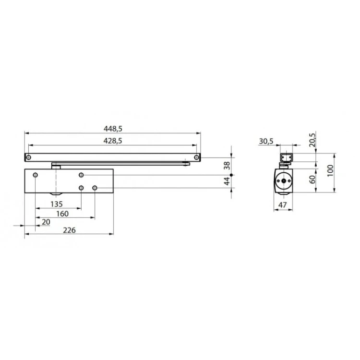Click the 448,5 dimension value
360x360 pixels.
[x=113, y=129]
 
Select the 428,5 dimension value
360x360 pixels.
[x=113, y=141]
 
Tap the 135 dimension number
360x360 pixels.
[x=57, y=204]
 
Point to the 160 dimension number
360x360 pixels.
[x=62, y=214]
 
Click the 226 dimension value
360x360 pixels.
[x=69, y=230]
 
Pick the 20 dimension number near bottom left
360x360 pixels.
[x=46, y=222]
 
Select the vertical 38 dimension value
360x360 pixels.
[x=227, y=165]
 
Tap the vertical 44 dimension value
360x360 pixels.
[x=227, y=181]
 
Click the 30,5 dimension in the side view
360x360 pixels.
[x=266, y=142]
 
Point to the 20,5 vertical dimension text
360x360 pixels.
[x=312, y=140]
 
